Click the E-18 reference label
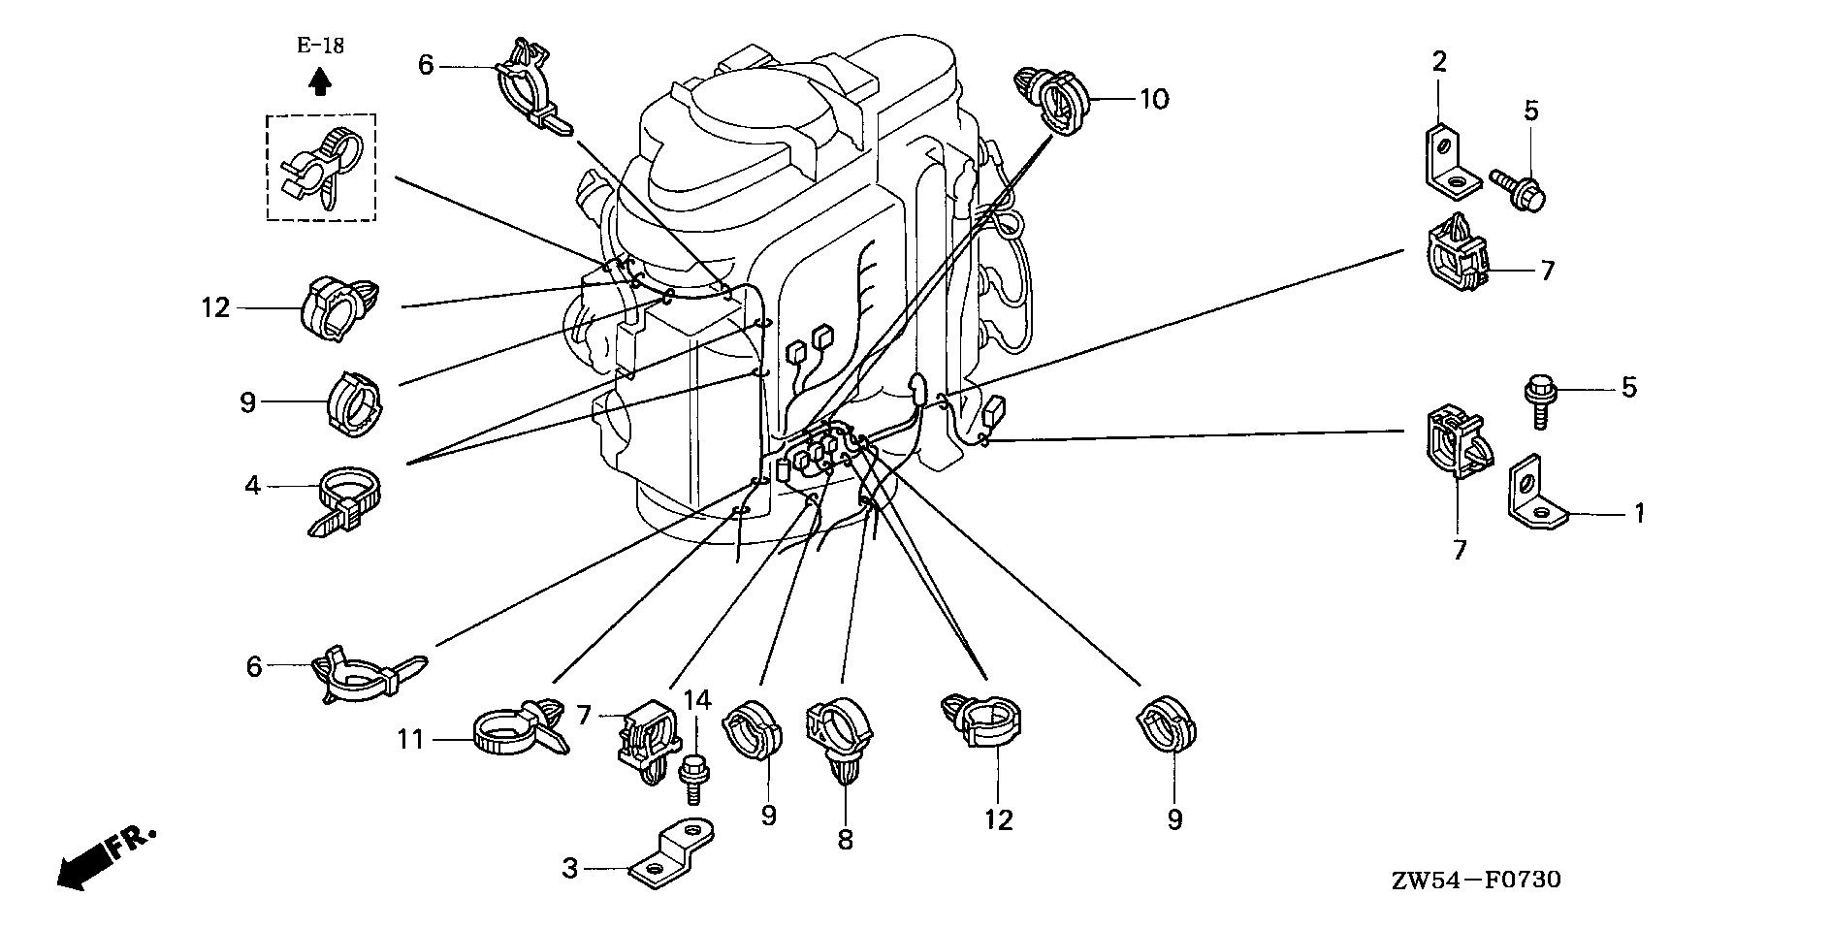[320, 45]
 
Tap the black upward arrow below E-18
[320, 81]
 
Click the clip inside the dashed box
[320, 167]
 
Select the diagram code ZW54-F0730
[1476, 881]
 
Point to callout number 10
[1154, 99]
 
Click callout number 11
[410, 741]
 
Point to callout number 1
[1639, 513]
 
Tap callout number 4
[253, 485]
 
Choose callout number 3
[570, 869]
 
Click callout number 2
[1439, 63]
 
